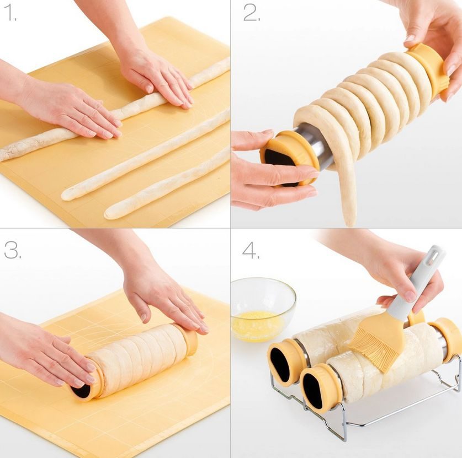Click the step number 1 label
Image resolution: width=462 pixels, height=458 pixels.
click(10, 14)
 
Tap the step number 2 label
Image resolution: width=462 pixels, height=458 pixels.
click(251, 13)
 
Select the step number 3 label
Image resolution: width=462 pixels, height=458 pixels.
click(13, 250)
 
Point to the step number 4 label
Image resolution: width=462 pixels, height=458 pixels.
click(251, 250)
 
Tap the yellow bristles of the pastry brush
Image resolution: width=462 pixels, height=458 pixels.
click(371, 346)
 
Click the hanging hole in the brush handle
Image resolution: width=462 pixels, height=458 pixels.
click(437, 252)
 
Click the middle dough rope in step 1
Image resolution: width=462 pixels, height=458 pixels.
click(146, 154)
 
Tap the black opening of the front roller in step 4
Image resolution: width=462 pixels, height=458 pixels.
click(313, 390)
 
